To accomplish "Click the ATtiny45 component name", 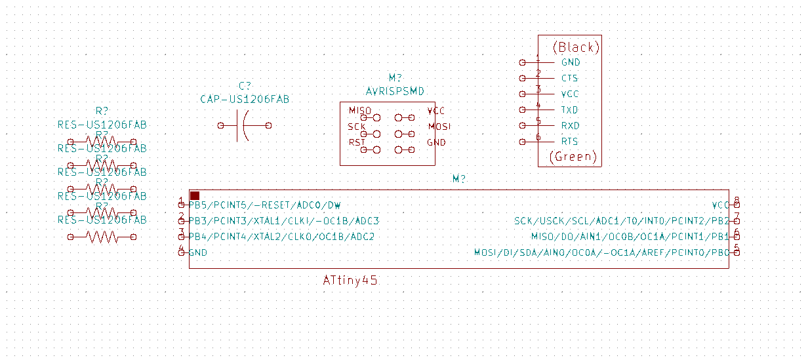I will point(350,280).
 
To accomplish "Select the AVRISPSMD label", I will point(395,90).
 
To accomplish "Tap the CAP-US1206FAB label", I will point(245,99).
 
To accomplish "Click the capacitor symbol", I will point(243,125).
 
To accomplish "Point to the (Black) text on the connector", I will point(576,47).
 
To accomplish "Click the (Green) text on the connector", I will point(573,157).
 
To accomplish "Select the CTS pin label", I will point(569,78).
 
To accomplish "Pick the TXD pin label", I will point(569,110).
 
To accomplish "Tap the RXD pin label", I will point(570,125).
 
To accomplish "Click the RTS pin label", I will point(569,141).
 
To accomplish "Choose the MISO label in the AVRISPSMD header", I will point(359,110).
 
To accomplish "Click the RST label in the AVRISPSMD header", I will point(357,142).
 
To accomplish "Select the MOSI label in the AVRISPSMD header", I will point(439,126).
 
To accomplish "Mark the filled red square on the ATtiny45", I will point(195,195).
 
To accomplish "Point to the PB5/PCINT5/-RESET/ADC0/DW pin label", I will point(264,205).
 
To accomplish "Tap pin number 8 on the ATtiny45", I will point(737,201).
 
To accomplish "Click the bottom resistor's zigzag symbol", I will point(102,237).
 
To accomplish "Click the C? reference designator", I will point(245,86).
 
